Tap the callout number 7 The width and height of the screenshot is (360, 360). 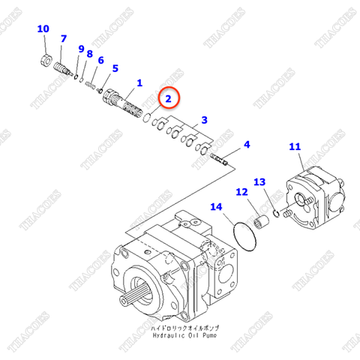click(63, 39)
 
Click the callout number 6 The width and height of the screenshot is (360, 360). click(115, 68)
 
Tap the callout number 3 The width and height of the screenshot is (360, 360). click(204, 120)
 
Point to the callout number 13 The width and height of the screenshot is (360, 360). click(259, 182)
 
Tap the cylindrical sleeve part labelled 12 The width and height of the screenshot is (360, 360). click(262, 222)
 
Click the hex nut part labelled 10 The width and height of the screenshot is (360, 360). click(45, 60)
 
